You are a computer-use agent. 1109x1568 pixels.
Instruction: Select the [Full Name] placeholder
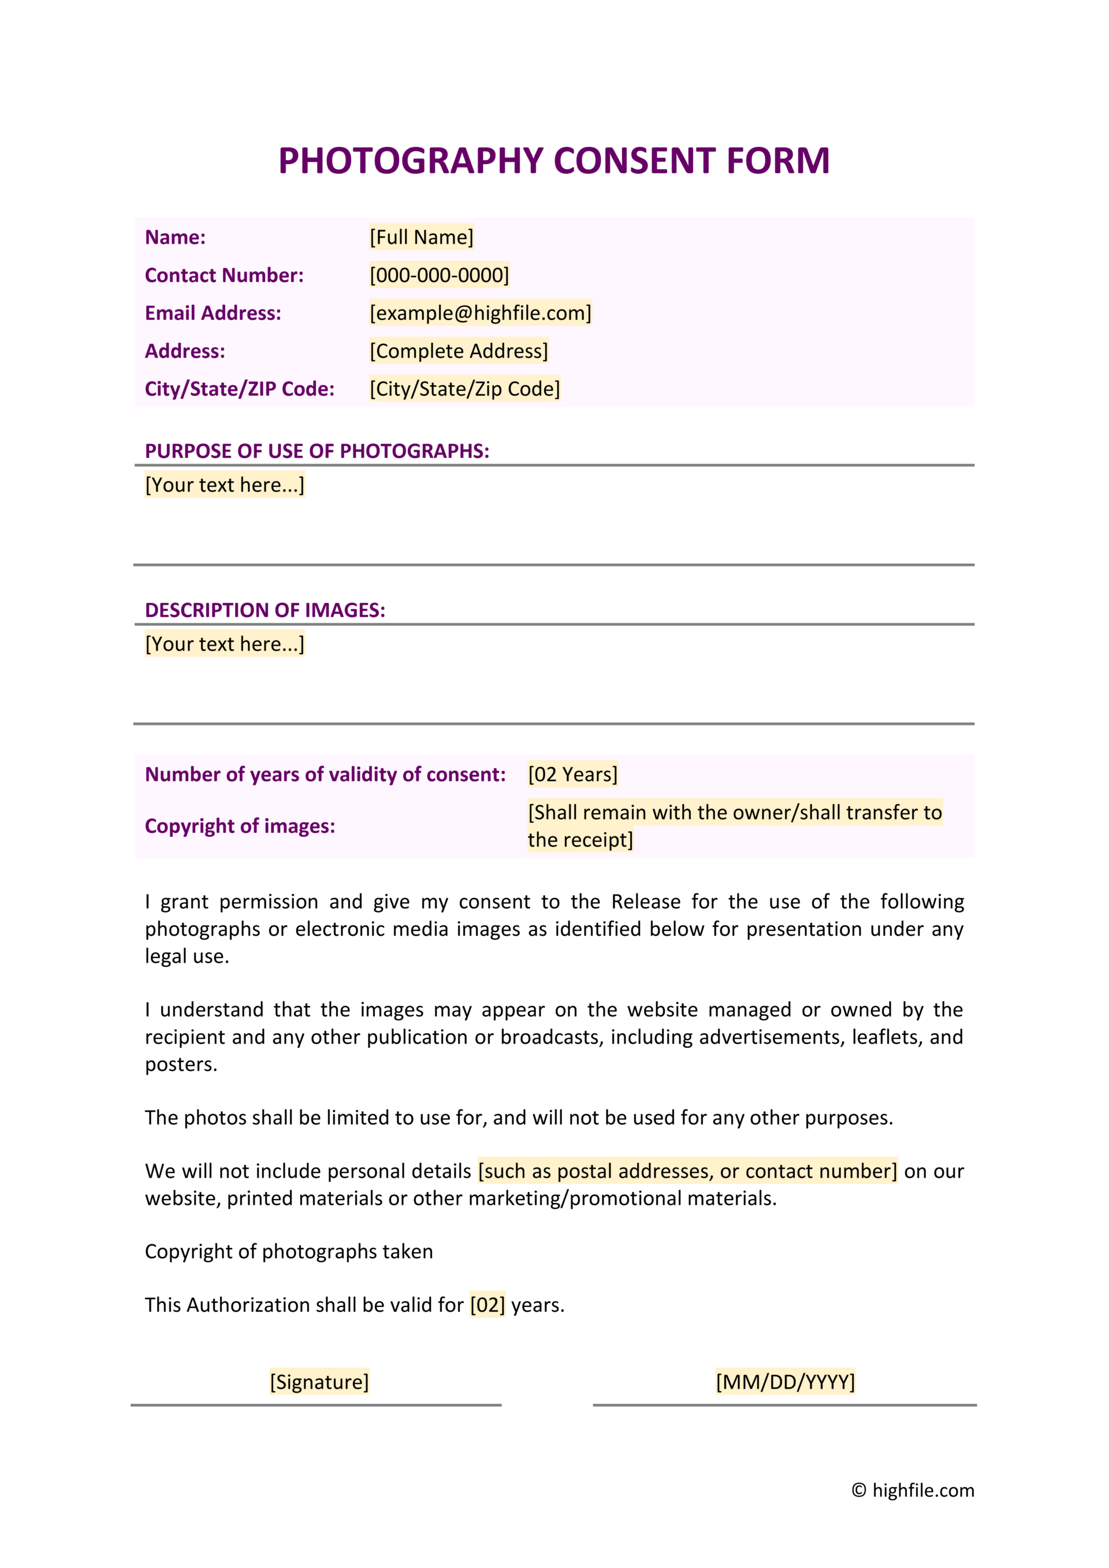pos(421,237)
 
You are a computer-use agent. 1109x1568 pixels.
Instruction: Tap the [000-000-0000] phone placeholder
pos(439,275)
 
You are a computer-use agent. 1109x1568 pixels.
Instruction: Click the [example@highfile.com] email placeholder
pos(480,313)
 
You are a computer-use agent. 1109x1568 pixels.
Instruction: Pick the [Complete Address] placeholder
pos(458,351)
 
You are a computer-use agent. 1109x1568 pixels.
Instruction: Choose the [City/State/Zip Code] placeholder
pos(464,389)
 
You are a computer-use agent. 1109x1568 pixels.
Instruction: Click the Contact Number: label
pos(224,275)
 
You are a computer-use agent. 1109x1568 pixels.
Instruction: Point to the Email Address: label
pos(213,313)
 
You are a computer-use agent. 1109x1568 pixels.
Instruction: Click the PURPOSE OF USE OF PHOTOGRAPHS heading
pos(317,450)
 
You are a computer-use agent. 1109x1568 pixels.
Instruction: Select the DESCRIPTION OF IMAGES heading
pos(265,610)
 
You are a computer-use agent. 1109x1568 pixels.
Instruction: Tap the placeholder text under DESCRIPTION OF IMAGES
pos(225,644)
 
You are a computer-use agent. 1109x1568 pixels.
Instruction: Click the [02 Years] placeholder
pos(572,774)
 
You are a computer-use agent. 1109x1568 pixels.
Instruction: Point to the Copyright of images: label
pos(240,826)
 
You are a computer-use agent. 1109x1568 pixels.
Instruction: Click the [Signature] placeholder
pos(319,1381)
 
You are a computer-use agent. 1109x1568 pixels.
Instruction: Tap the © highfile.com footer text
pos(913,1490)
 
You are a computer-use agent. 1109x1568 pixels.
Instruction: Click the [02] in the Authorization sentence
pos(487,1305)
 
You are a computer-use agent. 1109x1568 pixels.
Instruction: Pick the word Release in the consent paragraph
pos(645,902)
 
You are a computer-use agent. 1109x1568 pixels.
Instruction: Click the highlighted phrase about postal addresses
pos(687,1171)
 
